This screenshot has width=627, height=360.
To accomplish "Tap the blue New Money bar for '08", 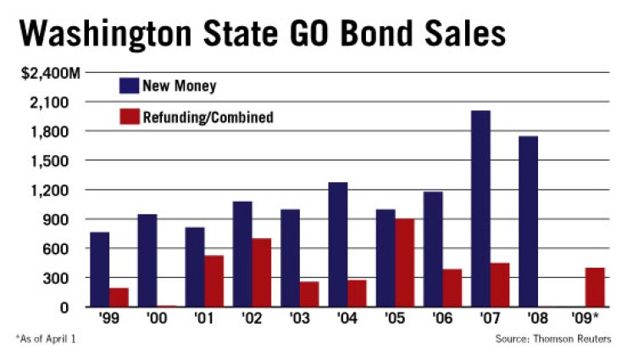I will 528,221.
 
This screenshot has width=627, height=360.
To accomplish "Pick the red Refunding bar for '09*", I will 595,287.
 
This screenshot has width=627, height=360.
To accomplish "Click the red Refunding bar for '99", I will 119,297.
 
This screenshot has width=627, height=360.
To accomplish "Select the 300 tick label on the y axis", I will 68,278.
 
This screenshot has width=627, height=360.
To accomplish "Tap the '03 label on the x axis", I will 300,321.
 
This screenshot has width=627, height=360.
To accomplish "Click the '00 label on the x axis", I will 157,321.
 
